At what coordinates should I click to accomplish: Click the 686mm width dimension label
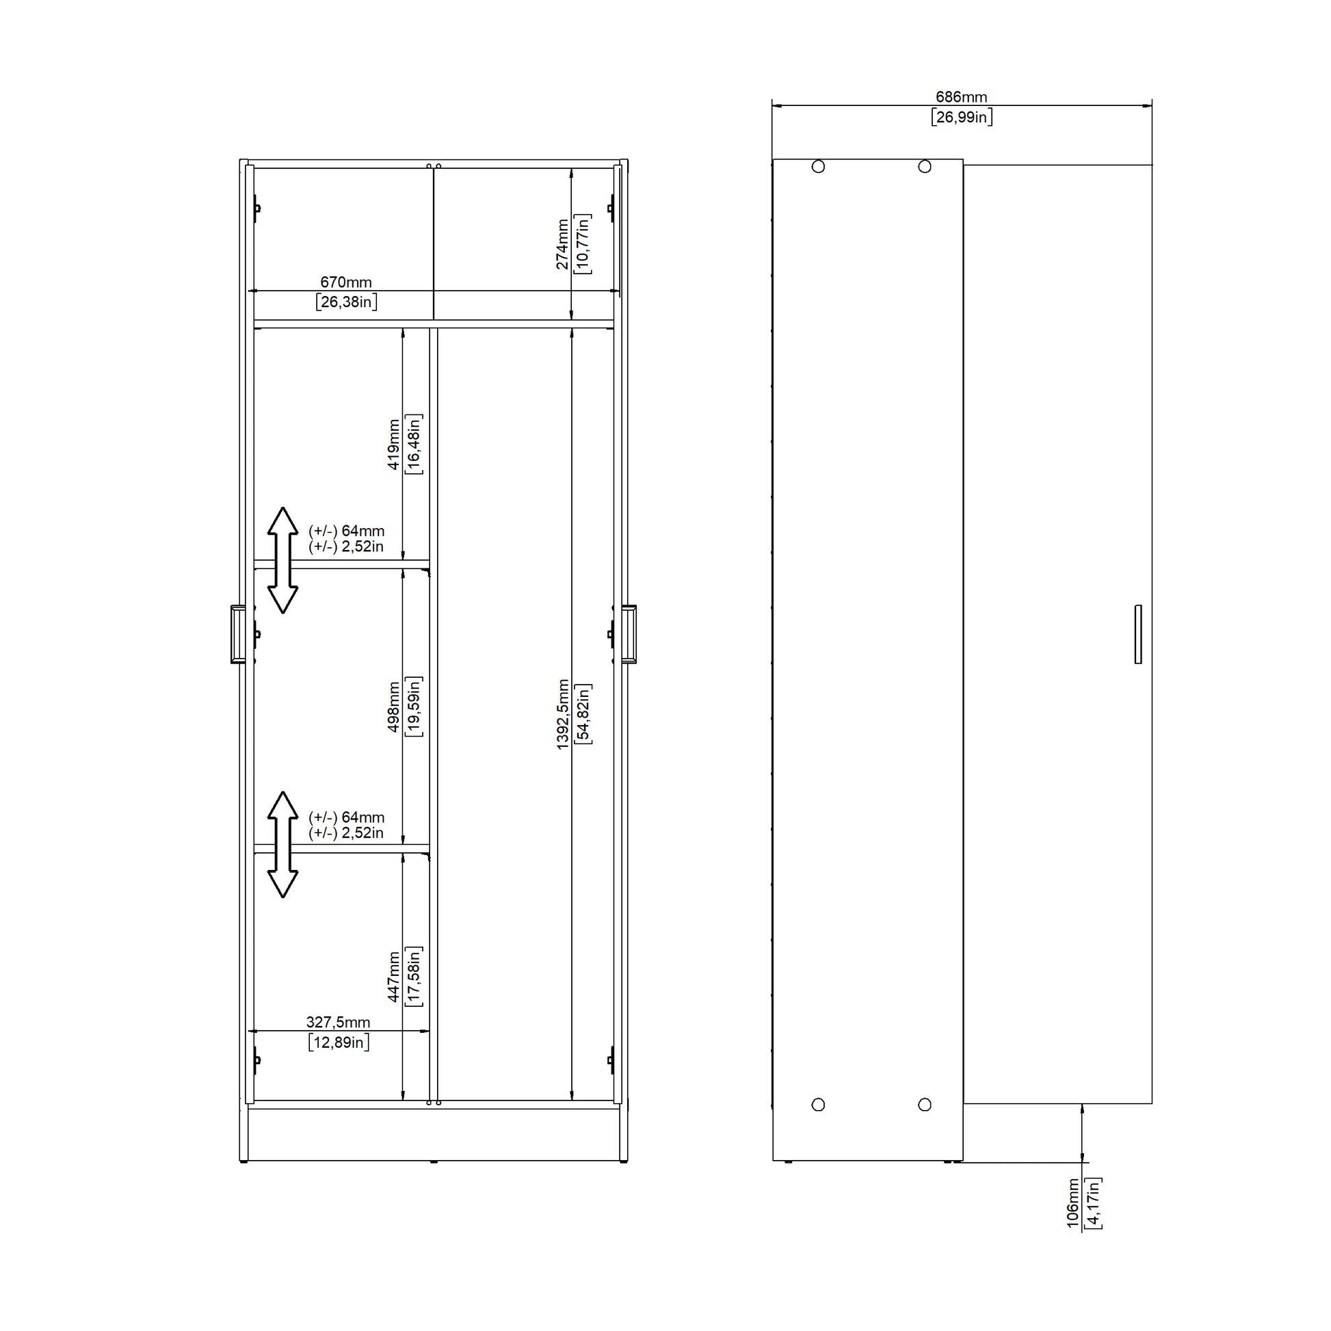(x=961, y=97)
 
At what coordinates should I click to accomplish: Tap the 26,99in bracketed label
(x=962, y=117)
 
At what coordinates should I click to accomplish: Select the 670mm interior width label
(x=346, y=282)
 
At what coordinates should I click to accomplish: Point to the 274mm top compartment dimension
(x=563, y=244)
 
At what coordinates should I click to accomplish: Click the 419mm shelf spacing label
(x=393, y=445)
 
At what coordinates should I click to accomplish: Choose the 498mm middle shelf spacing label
(x=393, y=707)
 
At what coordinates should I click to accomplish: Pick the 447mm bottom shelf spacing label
(x=393, y=977)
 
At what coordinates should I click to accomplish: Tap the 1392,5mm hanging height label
(x=563, y=715)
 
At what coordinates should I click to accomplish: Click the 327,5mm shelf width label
(x=339, y=1023)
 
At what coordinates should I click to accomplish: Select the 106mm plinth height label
(x=1072, y=1202)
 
